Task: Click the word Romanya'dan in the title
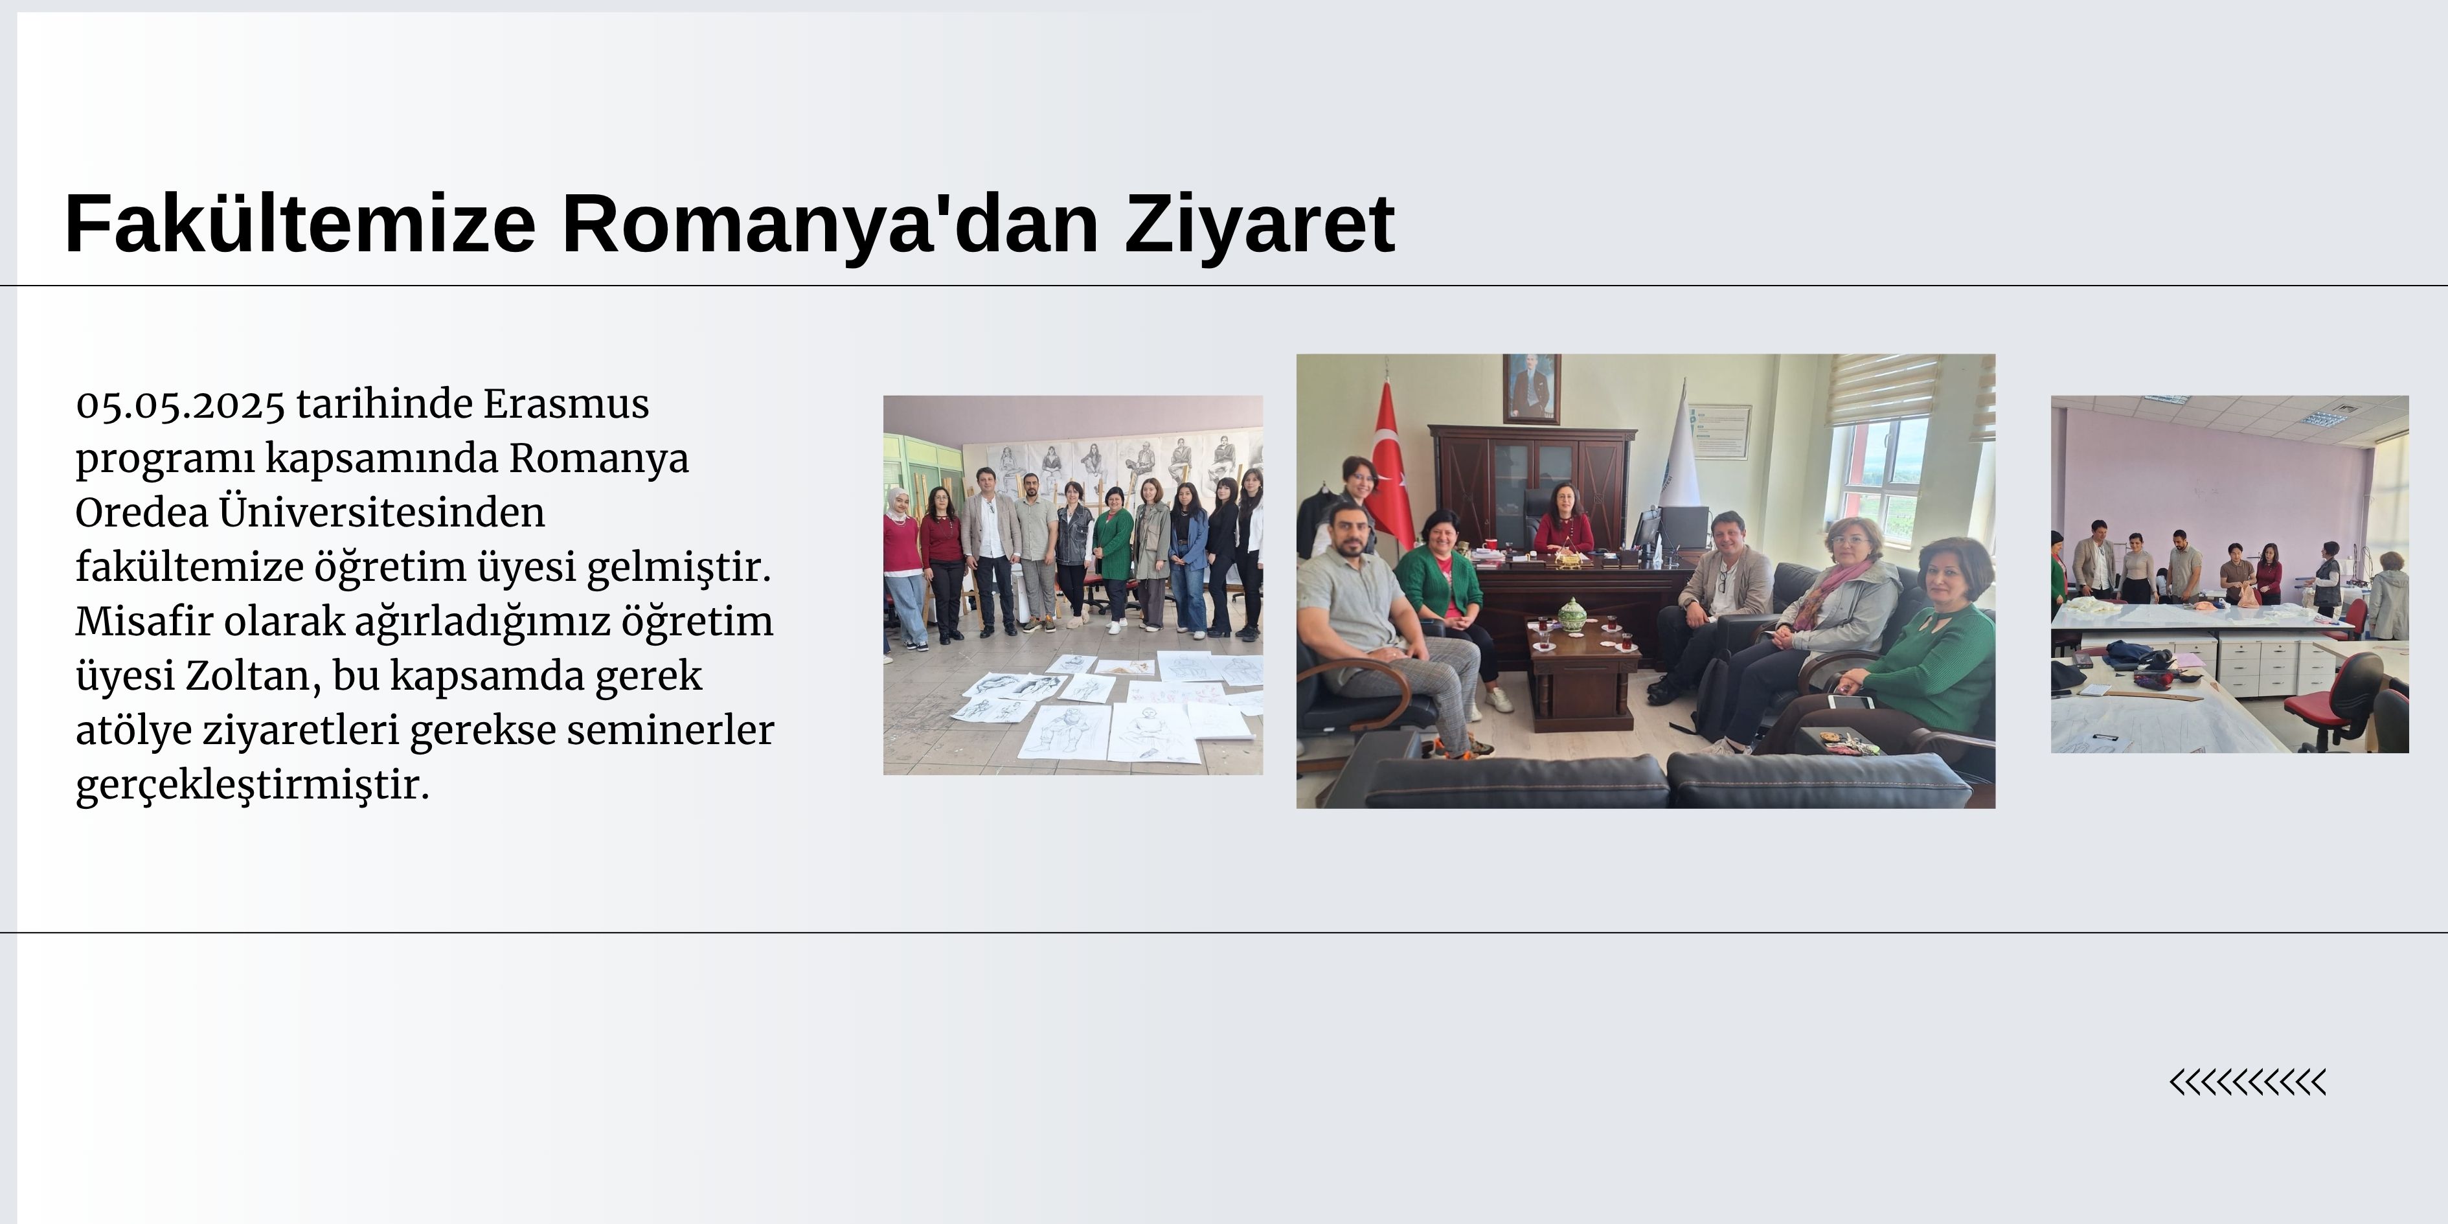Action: [x=830, y=224]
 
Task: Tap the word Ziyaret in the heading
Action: [x=1260, y=224]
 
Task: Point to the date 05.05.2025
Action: [x=179, y=405]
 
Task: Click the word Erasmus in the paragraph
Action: [x=567, y=404]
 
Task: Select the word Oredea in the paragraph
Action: [x=142, y=513]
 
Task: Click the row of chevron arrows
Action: [x=2247, y=1082]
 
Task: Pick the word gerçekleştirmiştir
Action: [x=253, y=787]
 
